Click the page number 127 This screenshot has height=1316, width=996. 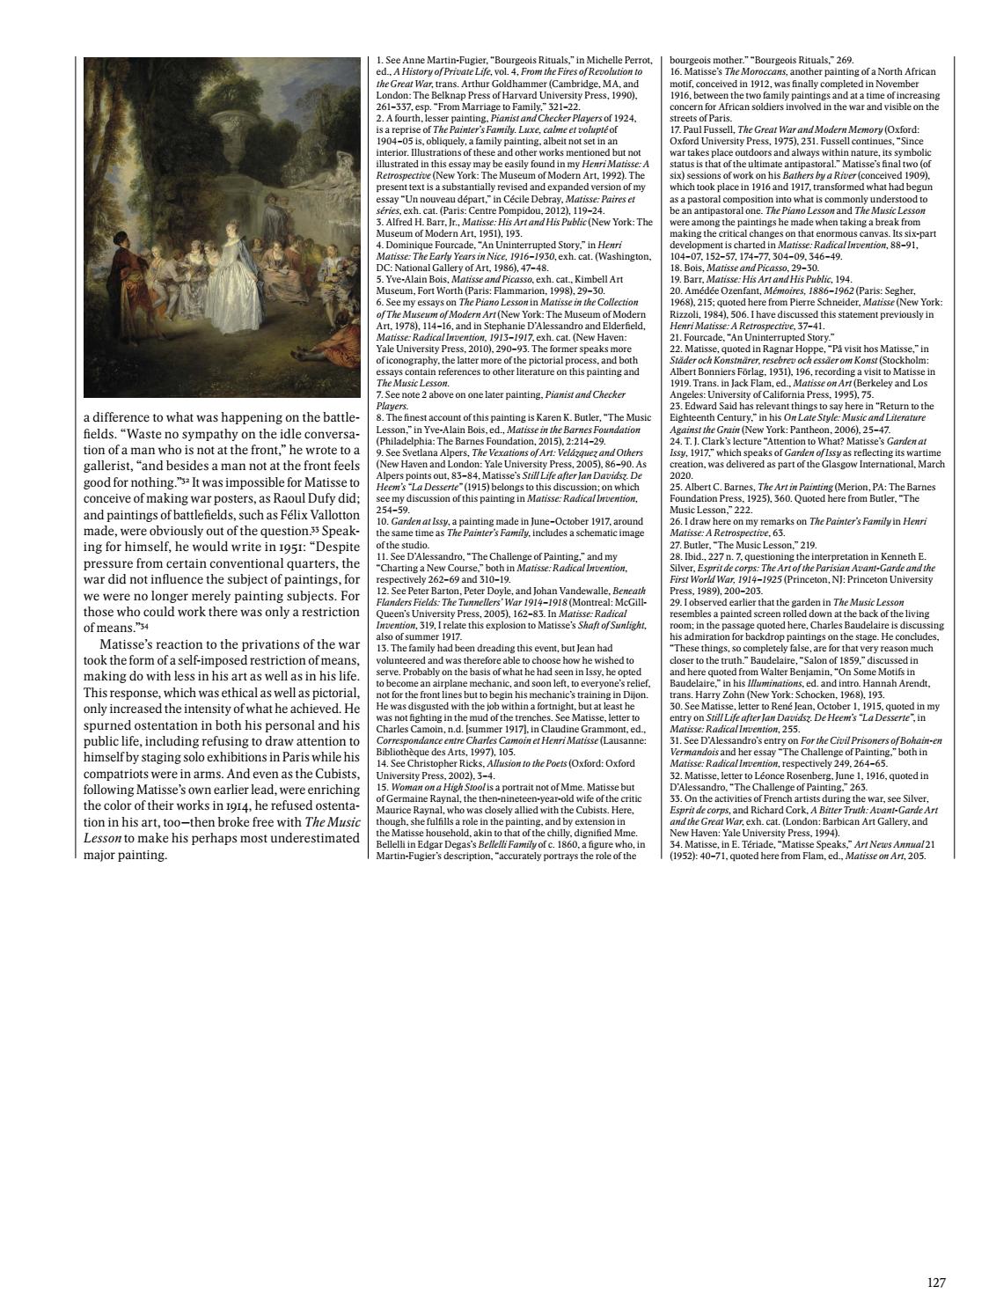[x=936, y=1283]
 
